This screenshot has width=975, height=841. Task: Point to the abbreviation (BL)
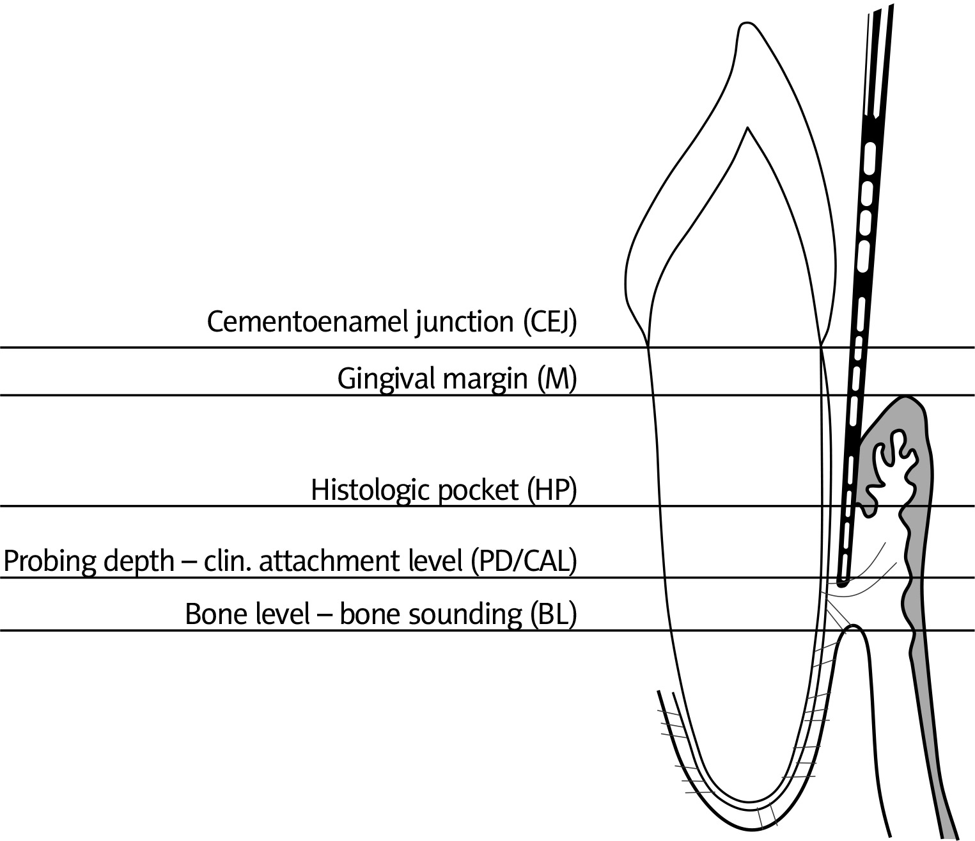[x=554, y=614]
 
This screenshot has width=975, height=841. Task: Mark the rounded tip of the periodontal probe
[x=843, y=582]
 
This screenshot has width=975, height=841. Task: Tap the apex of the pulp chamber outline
[x=747, y=130]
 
